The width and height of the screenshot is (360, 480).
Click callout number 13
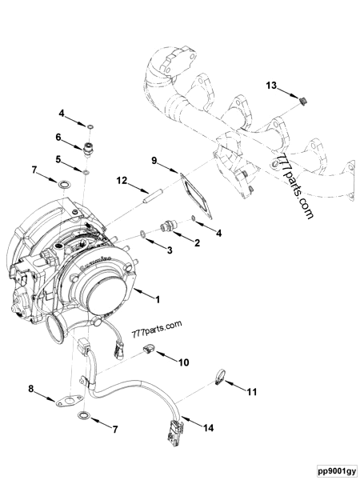coord(271,85)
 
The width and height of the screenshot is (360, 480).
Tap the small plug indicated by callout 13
coord(303,100)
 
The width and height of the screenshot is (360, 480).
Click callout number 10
coord(183,362)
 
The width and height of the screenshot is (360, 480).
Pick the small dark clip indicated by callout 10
coord(149,349)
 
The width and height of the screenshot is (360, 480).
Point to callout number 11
coord(253,392)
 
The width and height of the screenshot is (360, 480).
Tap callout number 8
coord(32,390)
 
